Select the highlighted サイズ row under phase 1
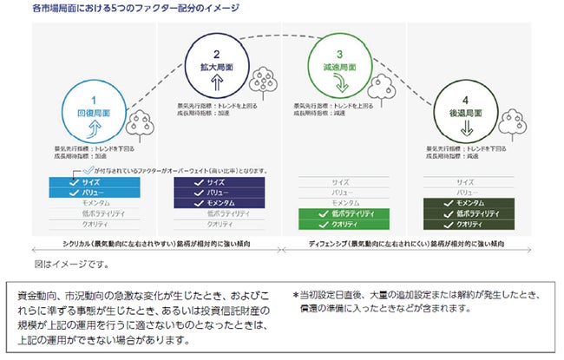click(89, 182)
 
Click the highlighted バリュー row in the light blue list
click(89, 192)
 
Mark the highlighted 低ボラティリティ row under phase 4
click(465, 213)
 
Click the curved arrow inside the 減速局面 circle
click(339, 84)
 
